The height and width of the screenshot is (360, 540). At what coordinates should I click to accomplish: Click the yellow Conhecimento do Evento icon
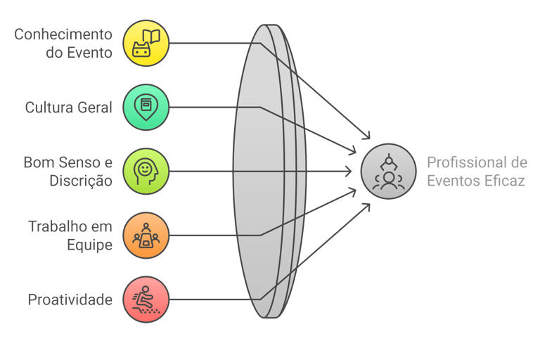[146, 43]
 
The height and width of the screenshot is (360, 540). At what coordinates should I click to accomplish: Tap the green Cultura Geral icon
[146, 107]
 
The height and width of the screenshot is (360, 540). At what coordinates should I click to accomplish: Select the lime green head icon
[146, 171]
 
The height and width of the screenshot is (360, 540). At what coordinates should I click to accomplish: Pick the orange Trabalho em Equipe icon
[146, 235]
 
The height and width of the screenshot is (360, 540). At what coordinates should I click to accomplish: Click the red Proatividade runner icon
[146, 299]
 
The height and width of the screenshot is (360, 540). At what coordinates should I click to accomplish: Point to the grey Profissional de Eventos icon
[388, 172]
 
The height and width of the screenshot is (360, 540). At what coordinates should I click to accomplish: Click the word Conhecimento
[64, 34]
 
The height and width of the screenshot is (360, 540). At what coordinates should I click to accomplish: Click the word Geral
[99, 108]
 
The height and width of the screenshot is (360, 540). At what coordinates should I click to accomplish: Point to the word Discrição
[81, 181]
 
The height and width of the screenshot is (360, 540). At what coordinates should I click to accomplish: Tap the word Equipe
[89, 245]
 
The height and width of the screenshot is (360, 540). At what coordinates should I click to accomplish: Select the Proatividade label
[70, 300]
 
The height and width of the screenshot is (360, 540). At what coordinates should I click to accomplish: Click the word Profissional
[461, 162]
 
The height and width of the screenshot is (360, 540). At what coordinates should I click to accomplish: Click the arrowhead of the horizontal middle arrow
[349, 171]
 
